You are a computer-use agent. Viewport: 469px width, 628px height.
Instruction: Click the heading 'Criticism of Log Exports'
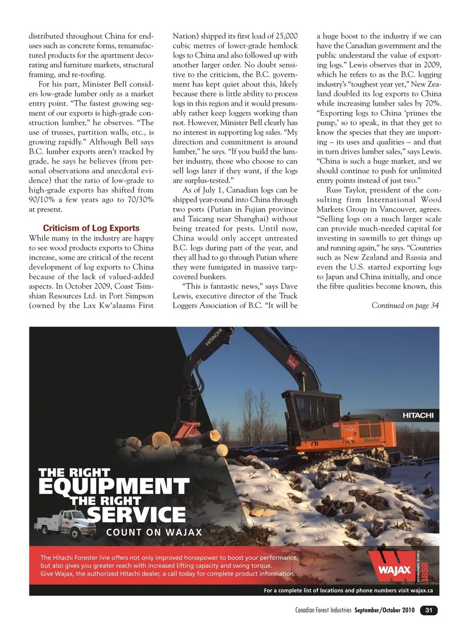click(91, 228)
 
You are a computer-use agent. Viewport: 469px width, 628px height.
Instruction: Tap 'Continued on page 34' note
click(405, 305)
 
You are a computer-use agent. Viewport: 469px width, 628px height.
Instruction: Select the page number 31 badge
click(428, 610)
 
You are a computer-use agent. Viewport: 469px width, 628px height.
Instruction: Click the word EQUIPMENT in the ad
click(113, 486)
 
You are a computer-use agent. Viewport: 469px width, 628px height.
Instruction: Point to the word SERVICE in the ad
click(136, 515)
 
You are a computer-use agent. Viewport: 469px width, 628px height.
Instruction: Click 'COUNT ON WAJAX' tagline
click(154, 532)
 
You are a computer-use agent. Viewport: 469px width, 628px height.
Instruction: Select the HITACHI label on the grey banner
click(418, 415)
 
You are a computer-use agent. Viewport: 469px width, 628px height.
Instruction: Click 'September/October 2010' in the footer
click(384, 610)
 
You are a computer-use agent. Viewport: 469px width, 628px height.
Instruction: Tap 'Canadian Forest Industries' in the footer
click(323, 610)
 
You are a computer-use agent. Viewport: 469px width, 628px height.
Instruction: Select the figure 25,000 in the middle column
click(286, 36)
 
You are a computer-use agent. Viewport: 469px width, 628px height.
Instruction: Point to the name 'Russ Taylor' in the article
click(346, 190)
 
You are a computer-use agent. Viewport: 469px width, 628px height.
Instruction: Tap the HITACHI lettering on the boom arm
click(213, 337)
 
